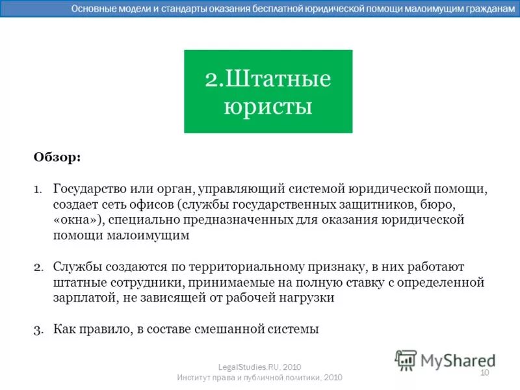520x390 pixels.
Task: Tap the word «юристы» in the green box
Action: coord(268,106)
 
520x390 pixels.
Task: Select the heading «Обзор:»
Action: coord(57,157)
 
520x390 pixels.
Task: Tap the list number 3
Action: coord(37,329)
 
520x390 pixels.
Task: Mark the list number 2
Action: coord(37,266)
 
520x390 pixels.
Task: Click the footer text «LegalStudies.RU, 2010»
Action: coord(259,367)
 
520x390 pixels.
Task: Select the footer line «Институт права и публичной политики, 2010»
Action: coord(259,378)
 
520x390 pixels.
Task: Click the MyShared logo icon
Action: coord(406,359)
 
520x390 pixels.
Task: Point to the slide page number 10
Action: coord(484,372)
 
